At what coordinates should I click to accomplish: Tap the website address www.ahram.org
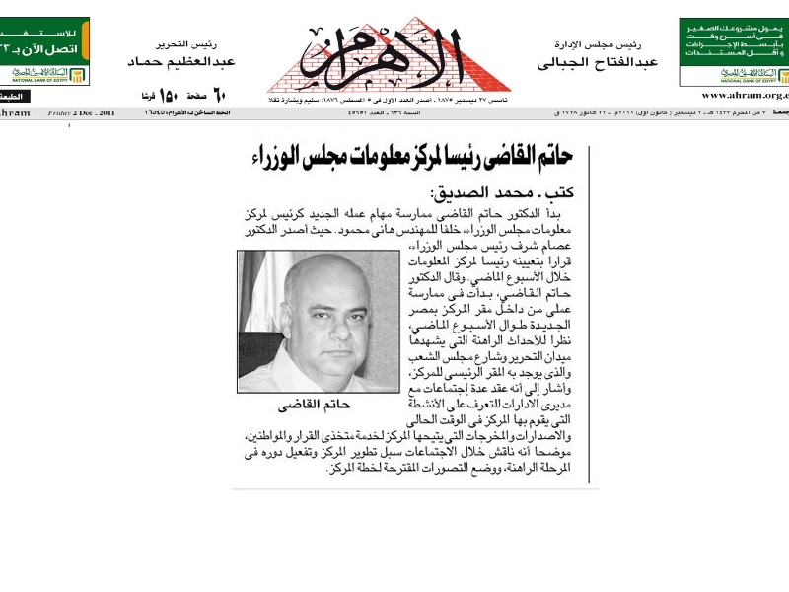pyautogui.click(x=745, y=95)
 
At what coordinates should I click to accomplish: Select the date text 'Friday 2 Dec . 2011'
pyautogui.click(x=82, y=113)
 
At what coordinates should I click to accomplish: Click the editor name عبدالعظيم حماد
pyautogui.click(x=173, y=62)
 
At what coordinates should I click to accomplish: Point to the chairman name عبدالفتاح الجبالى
pyautogui.click(x=598, y=62)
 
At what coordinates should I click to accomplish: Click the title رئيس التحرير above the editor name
pyautogui.click(x=186, y=44)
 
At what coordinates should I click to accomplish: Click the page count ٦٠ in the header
pyautogui.click(x=220, y=95)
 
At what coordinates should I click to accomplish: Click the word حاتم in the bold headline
pyautogui.click(x=557, y=155)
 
